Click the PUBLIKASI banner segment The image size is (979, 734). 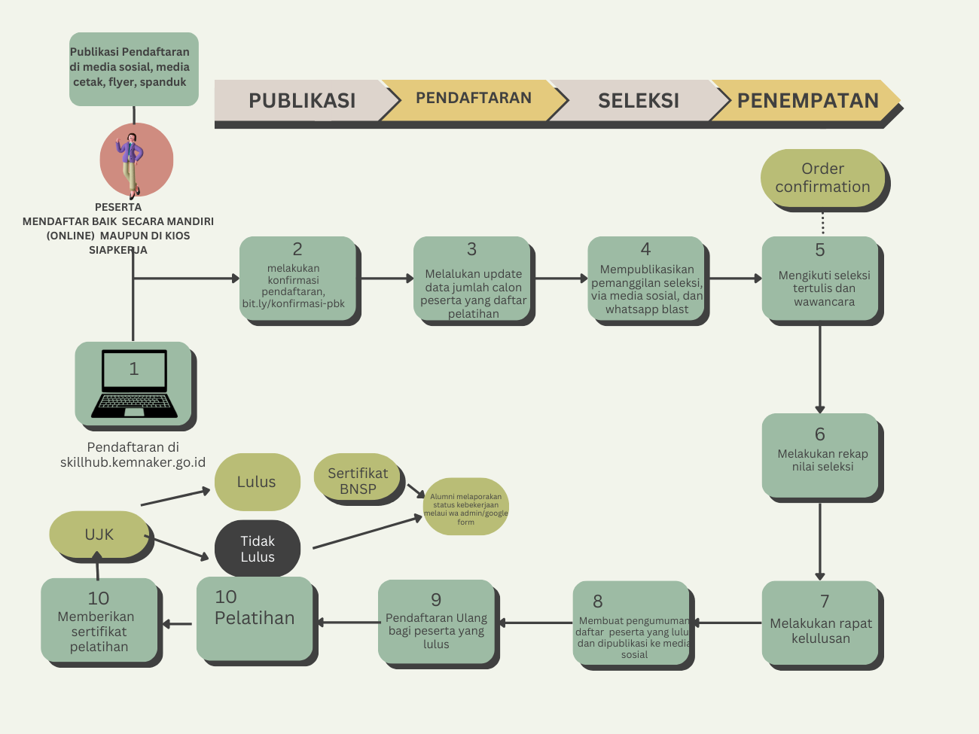pyautogui.click(x=301, y=101)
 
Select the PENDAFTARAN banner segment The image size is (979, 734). pyautogui.click(x=473, y=99)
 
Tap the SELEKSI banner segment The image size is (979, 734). pyautogui.click(x=638, y=101)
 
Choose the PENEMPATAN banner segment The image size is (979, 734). pyautogui.click(x=807, y=101)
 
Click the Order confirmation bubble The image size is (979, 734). pyautogui.click(x=822, y=178)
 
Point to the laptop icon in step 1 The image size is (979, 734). pyautogui.click(x=134, y=383)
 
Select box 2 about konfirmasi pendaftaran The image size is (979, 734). pyautogui.click(x=297, y=279)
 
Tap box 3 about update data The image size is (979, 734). pyautogui.click(x=472, y=279)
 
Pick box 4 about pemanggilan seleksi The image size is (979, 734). pyautogui.click(x=646, y=279)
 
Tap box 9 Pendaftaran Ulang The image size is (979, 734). pyautogui.click(x=436, y=623)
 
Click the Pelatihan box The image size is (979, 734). pyautogui.click(x=255, y=619)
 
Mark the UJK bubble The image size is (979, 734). pyautogui.click(x=99, y=535)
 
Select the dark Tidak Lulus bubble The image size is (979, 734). pyautogui.click(x=258, y=549)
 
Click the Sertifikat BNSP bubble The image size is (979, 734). pyautogui.click(x=357, y=480)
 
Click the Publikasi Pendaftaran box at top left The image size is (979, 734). pyautogui.click(x=133, y=69)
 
